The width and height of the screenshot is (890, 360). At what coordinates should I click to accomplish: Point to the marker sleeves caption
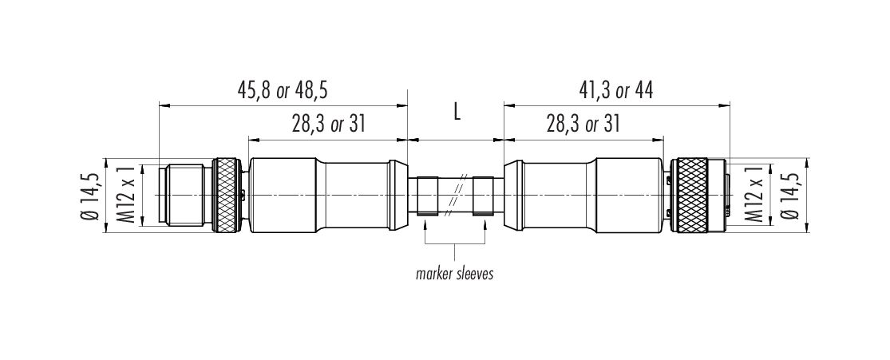point(455,275)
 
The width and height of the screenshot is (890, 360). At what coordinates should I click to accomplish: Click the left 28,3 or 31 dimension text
point(328,124)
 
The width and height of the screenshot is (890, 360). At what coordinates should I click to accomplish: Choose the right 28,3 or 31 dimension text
point(583,124)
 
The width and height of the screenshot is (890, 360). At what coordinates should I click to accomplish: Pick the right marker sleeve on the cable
point(484,196)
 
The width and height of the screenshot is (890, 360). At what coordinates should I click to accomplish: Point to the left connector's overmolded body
point(328,196)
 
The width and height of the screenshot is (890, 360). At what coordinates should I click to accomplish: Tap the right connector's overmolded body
point(583,196)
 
